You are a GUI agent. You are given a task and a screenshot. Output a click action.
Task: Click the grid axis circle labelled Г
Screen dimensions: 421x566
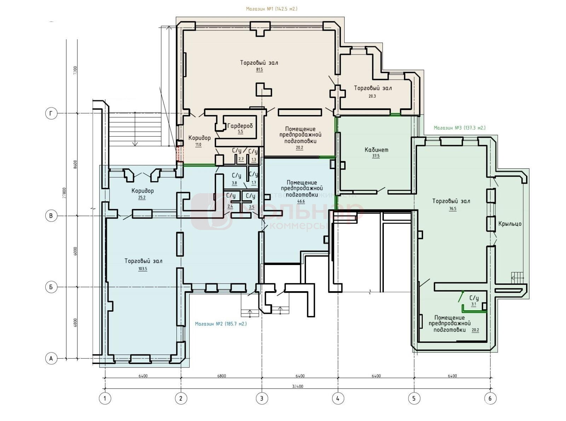pos(51,114)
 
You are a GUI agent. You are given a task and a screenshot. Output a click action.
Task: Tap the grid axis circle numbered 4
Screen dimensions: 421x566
pos(338,398)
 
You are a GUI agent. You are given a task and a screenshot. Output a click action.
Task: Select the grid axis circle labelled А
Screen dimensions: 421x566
pos(51,358)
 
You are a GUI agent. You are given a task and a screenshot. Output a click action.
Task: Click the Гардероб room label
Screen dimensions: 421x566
pos(240,126)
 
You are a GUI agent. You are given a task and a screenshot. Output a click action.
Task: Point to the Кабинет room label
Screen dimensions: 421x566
pos(376,150)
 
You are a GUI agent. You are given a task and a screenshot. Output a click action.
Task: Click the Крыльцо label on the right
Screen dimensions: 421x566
pos(510,224)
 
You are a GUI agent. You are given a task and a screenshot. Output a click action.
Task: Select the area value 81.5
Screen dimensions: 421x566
pos(259,70)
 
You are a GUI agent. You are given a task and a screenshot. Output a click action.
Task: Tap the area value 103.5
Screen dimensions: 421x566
pos(143,269)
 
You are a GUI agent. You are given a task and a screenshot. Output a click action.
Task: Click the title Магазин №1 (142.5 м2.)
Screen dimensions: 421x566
pos(272,9)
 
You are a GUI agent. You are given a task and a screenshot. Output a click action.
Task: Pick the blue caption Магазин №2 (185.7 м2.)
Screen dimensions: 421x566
pos(221,324)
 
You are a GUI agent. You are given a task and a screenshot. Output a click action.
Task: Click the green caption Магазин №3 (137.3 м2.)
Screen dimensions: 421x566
pos(460,128)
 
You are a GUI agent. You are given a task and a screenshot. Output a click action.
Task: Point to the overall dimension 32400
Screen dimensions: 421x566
pos(298,386)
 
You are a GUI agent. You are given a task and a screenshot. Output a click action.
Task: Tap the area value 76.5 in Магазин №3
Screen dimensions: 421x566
pos(452,209)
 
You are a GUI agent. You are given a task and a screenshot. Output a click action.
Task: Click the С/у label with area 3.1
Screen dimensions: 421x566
pos(474,298)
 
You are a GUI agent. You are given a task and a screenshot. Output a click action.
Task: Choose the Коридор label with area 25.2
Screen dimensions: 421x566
pos(143,191)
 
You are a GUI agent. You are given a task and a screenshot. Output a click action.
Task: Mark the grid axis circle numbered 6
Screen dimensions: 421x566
pos(490,398)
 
